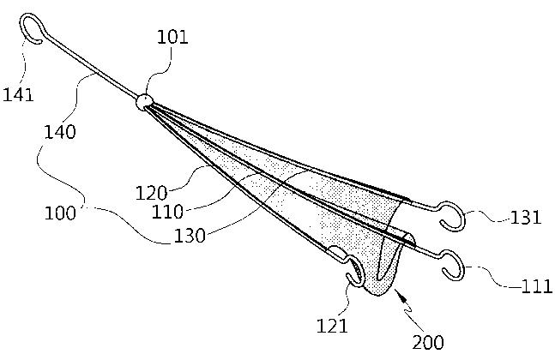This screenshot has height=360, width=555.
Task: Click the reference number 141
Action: pyautogui.click(x=18, y=93)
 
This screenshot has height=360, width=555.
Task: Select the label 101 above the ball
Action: pyautogui.click(x=172, y=37)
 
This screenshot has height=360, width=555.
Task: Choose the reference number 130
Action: pyautogui.click(x=189, y=234)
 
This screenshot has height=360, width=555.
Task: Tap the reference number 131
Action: pyautogui.click(x=525, y=217)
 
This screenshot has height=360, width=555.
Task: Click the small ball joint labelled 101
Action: pyautogui.click(x=143, y=102)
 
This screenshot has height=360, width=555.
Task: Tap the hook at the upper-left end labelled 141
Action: pyautogui.click(x=33, y=27)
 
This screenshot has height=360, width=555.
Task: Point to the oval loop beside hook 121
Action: pyautogui.click(x=340, y=255)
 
